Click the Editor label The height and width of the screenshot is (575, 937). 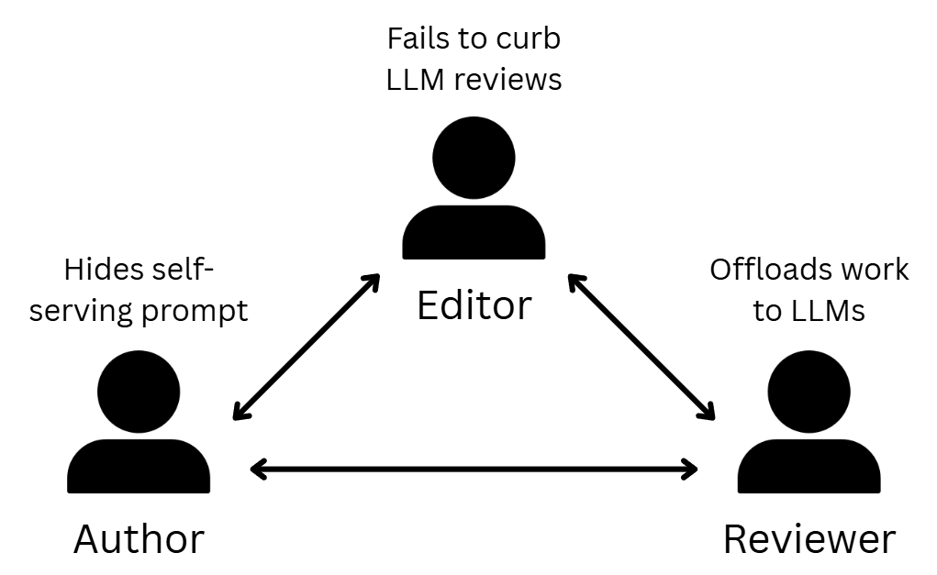pos(474,305)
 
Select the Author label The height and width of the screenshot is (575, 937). pos(139,539)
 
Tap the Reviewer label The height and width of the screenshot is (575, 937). pos(809,539)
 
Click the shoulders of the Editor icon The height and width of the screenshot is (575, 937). pos(474,233)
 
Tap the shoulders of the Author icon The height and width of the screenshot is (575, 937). pos(139,467)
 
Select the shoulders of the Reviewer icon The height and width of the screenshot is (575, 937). pos(809,467)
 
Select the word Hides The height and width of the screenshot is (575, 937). pos(103,271)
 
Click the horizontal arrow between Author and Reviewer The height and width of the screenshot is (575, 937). pos(474,470)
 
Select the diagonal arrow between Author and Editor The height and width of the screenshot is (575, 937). pos(307,347)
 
